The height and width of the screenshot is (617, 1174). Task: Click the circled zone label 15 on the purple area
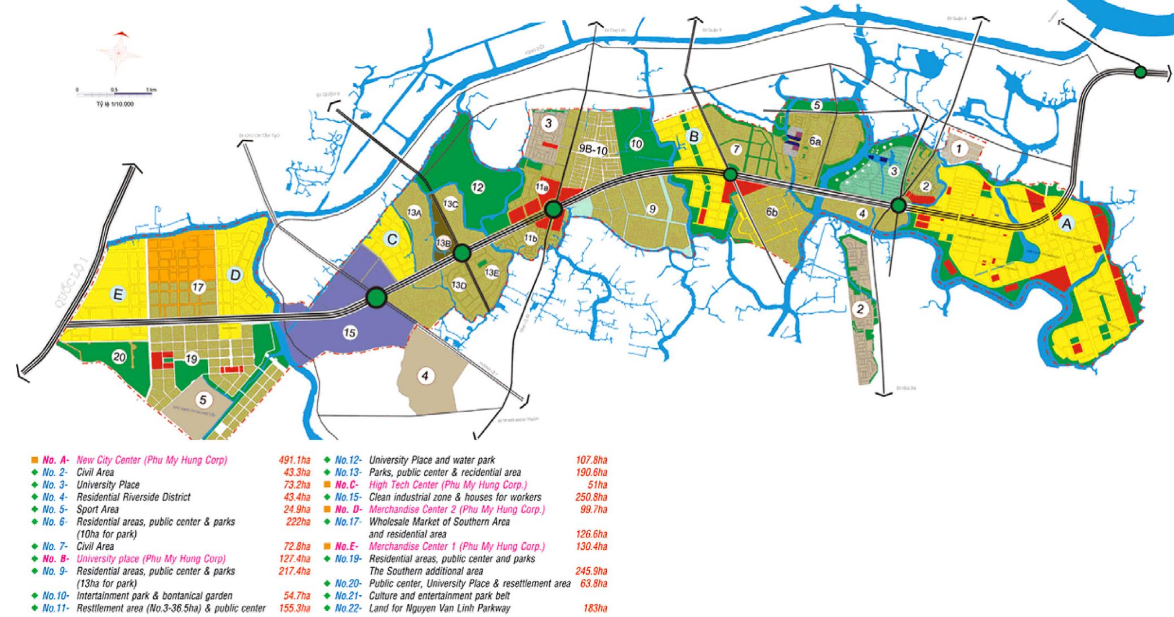coord(350,333)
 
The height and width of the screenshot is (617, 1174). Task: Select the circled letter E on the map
coord(118,294)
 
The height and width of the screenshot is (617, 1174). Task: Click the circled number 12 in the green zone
coord(478,187)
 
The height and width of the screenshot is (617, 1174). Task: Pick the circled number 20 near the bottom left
coord(118,357)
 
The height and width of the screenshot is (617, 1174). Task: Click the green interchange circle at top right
coord(1140,72)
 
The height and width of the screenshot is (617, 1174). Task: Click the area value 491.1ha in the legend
coord(294,460)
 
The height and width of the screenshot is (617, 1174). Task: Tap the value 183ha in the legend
coord(595,608)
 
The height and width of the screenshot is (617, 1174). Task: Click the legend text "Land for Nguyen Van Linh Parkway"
coord(439,608)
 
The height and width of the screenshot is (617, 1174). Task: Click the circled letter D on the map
coord(235,275)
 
